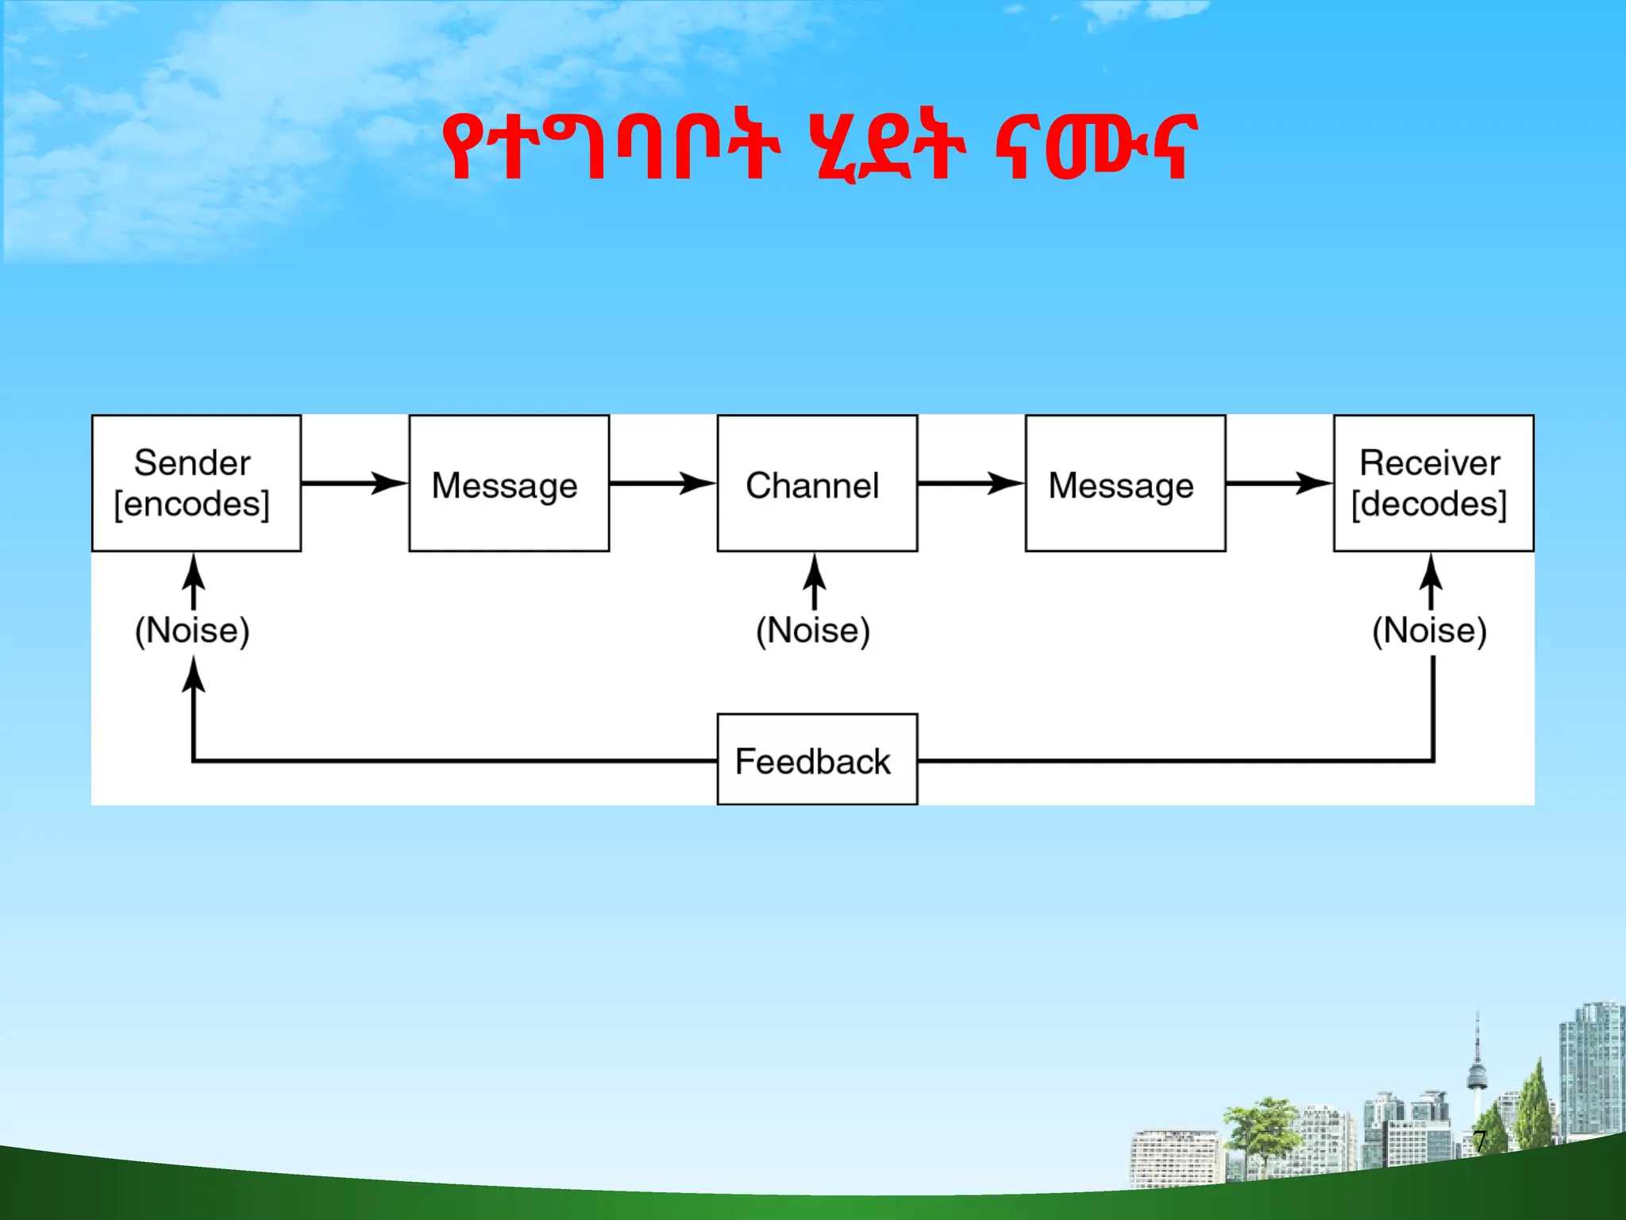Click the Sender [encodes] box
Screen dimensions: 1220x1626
tap(196, 483)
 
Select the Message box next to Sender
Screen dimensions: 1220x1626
tap(509, 483)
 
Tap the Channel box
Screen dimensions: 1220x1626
tap(817, 483)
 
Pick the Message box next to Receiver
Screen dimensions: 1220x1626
tap(1125, 483)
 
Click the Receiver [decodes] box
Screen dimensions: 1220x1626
tap(1433, 483)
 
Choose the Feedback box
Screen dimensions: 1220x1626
tap(817, 759)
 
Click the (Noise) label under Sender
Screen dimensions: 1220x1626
tap(192, 631)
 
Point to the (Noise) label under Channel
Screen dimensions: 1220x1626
tap(813, 631)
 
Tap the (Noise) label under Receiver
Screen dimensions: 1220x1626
tap(1429, 631)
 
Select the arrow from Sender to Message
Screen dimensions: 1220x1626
tap(354, 483)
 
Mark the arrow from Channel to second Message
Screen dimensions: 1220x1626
tap(971, 483)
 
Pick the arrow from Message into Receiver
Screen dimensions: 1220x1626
tap(1279, 483)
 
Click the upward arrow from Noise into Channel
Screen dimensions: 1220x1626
tap(814, 582)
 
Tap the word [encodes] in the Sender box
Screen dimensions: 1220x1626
tap(191, 504)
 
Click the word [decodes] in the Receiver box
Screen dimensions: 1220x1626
tap(1429, 504)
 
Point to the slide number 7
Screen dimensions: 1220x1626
tap(1480, 1141)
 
